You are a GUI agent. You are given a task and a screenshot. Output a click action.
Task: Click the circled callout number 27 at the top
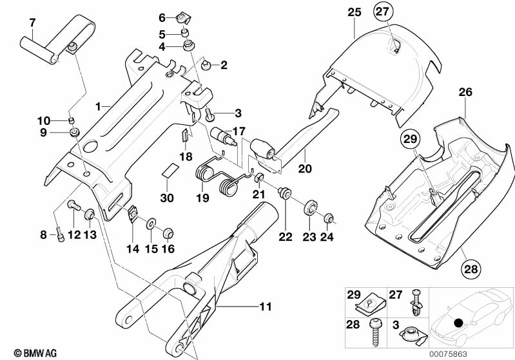point(383,12)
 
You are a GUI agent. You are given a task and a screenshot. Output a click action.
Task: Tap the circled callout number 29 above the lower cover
point(410,139)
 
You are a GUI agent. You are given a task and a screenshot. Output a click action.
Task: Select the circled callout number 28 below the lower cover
point(471,269)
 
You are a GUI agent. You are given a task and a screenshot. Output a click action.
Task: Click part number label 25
point(355,12)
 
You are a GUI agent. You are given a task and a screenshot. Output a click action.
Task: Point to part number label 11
point(266,307)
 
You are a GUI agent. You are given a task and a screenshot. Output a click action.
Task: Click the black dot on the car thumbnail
point(458,323)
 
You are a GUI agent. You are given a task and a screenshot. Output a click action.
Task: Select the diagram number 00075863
point(449,354)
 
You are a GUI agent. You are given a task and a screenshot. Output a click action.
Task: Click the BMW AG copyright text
point(35,353)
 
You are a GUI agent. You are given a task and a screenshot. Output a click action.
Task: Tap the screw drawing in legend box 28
point(375,332)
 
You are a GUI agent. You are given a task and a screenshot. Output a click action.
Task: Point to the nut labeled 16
point(168,233)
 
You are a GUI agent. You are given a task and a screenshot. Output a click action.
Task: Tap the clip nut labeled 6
point(182,18)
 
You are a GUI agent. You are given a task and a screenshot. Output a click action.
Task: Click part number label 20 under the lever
point(305,169)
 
